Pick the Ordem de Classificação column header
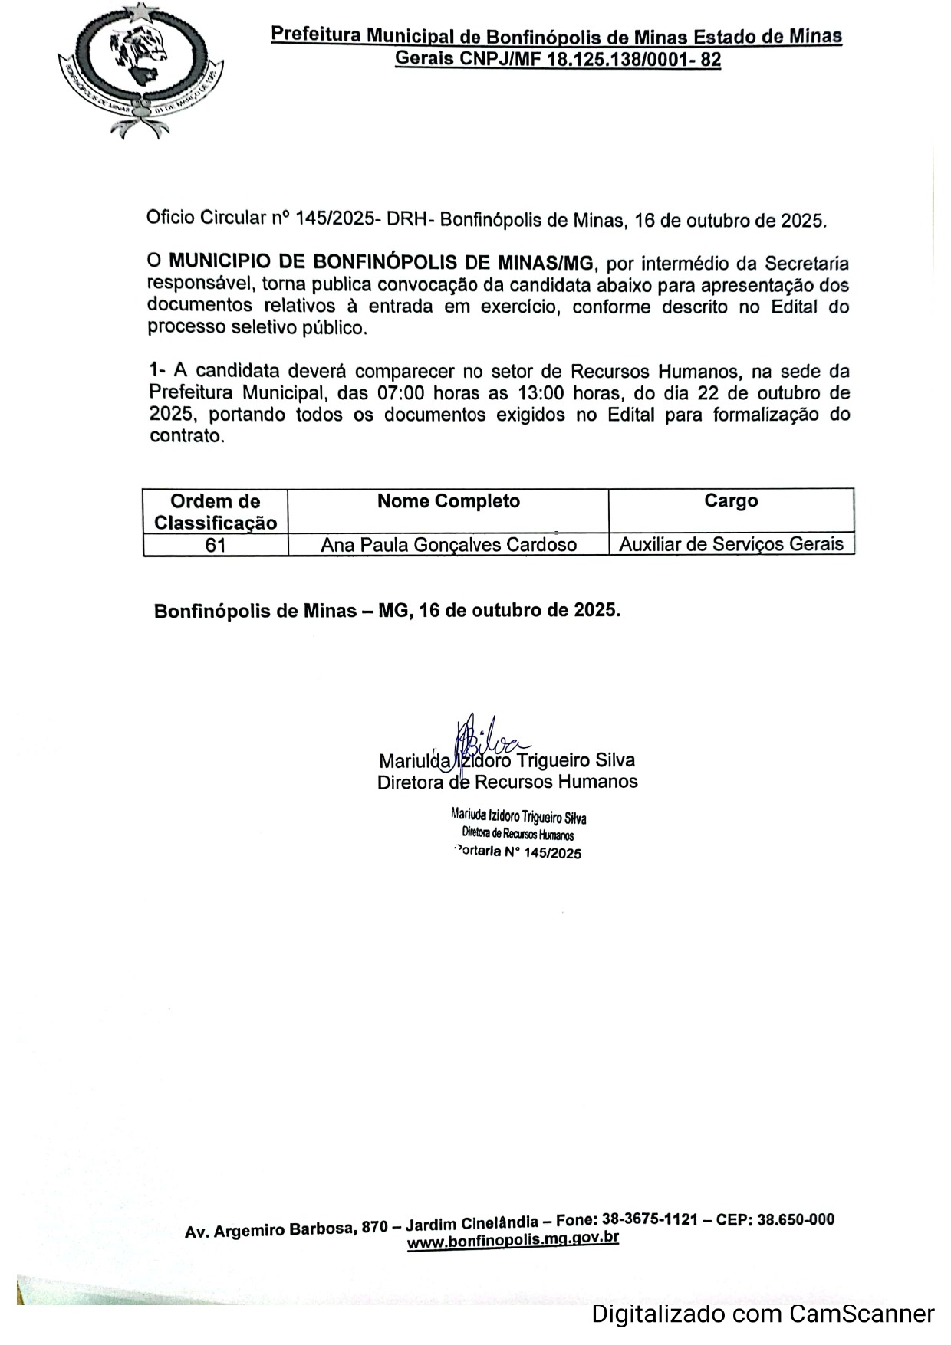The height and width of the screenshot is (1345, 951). click(216, 512)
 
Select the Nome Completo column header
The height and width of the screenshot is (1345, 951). click(449, 501)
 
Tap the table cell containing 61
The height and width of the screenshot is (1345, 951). click(216, 545)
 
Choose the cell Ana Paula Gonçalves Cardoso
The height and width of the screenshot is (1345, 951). click(449, 545)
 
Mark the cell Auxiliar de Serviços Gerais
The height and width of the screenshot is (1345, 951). click(731, 544)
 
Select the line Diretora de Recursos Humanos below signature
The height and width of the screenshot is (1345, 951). click(507, 782)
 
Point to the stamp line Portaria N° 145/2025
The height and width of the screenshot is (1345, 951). click(518, 853)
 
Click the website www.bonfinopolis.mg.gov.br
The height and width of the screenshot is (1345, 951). click(512, 1240)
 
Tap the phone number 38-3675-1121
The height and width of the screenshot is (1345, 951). click(650, 1220)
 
